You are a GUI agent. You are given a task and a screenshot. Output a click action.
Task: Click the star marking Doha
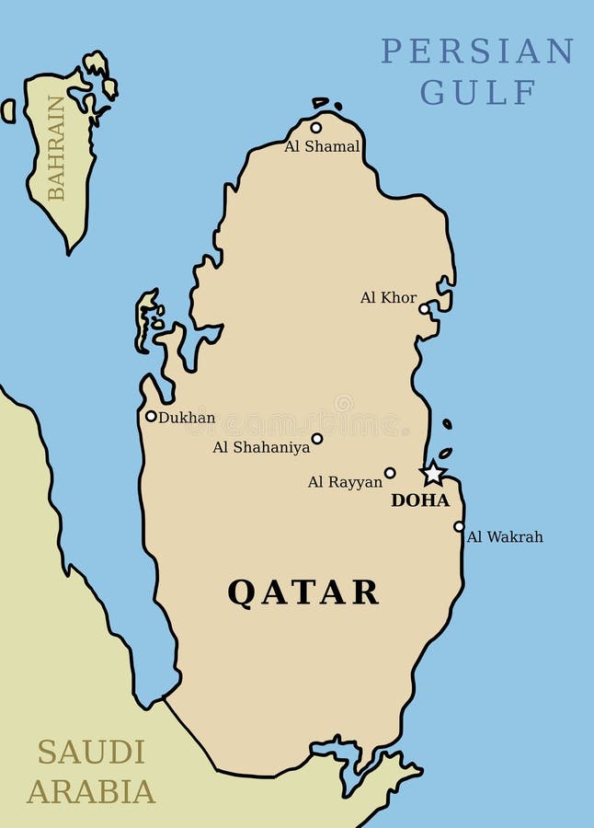(433, 474)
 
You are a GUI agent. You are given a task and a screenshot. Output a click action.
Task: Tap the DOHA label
(420, 500)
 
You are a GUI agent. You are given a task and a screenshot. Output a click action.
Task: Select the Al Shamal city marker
(316, 128)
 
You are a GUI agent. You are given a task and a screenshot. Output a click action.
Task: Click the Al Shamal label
(322, 146)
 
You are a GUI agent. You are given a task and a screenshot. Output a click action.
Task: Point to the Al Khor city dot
(424, 309)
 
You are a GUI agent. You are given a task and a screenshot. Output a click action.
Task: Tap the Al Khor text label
(388, 298)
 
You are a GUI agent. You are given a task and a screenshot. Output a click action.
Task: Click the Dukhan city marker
(151, 416)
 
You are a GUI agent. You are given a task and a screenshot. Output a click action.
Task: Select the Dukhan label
(187, 418)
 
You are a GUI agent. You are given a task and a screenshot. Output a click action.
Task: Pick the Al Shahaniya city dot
(317, 439)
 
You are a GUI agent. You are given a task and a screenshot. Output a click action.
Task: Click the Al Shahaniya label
(261, 448)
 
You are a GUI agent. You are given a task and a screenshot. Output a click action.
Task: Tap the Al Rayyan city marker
(390, 473)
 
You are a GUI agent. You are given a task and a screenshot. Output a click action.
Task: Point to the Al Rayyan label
(345, 482)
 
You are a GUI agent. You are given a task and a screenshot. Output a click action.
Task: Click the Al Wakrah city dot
(459, 526)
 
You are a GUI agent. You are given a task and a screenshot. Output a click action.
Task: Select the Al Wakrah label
(505, 536)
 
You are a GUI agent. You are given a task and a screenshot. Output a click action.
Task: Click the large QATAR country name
(303, 592)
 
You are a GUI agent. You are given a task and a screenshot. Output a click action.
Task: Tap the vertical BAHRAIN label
(57, 148)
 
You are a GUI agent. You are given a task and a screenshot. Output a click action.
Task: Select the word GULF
(478, 92)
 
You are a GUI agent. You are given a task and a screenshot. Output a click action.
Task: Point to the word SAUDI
(91, 752)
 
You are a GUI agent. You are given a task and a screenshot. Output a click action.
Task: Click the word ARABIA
(91, 791)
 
